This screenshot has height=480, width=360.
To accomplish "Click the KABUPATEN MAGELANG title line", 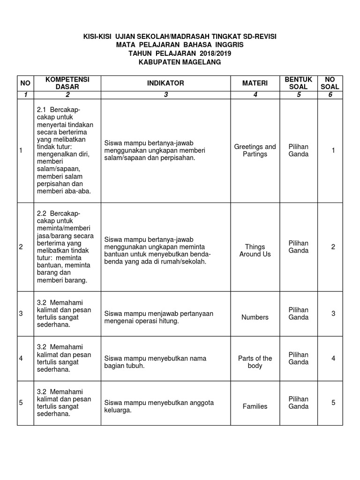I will click(x=180, y=62).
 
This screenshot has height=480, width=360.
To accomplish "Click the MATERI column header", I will click(x=255, y=83).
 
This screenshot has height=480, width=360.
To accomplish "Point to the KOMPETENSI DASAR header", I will click(x=67, y=83).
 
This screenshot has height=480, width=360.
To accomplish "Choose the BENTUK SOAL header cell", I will click(x=298, y=83).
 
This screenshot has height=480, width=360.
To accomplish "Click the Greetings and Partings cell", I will click(x=255, y=150).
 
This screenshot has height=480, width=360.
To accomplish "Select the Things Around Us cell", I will click(x=255, y=250).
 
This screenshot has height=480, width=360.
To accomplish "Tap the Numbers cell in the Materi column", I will click(x=255, y=317).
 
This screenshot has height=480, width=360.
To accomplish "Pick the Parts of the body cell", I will click(x=255, y=362).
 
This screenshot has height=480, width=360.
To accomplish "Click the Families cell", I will click(x=255, y=406).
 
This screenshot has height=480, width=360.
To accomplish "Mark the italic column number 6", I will click(x=330, y=95).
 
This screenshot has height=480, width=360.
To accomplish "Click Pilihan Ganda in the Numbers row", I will click(x=298, y=314).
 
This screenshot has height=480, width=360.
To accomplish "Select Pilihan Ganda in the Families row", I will click(x=298, y=403).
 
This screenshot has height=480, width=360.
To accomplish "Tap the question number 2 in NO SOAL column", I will click(x=333, y=247).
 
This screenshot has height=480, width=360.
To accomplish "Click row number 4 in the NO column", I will click(x=21, y=359).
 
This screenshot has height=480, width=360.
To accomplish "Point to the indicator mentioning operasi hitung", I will click(x=158, y=317).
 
